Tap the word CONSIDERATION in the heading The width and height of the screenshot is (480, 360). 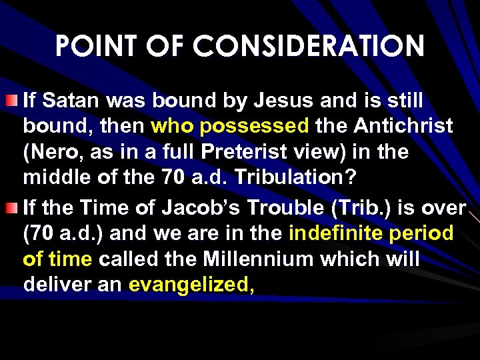[313, 47]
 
